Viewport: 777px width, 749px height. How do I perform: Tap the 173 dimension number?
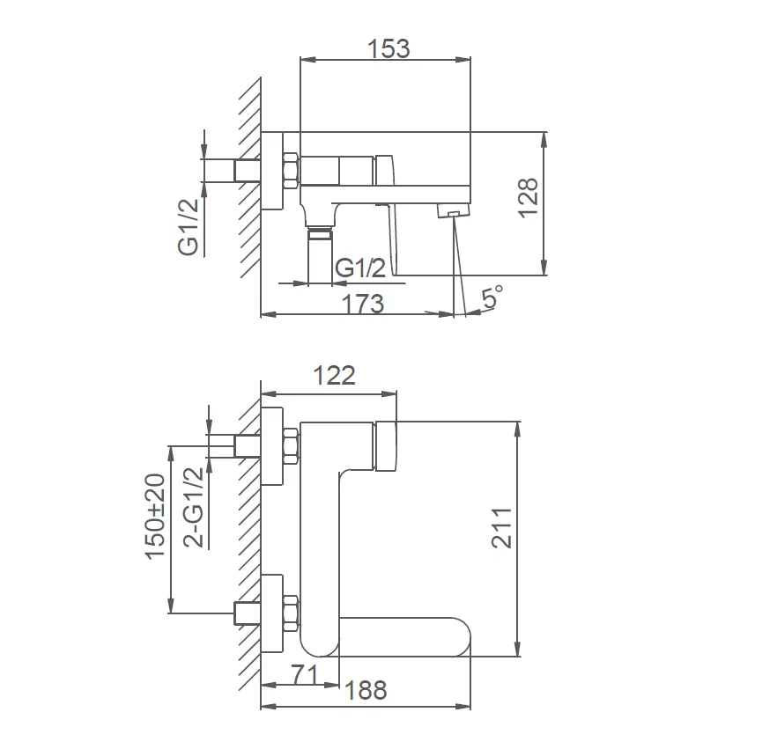point(363,304)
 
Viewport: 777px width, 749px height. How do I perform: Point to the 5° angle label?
point(491,297)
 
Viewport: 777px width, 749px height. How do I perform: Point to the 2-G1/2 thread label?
point(193,509)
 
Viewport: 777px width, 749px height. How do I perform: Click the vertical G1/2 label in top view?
point(189,227)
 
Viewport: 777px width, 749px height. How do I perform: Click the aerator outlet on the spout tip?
point(452,211)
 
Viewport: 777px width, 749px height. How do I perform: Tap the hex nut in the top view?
point(290,170)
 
